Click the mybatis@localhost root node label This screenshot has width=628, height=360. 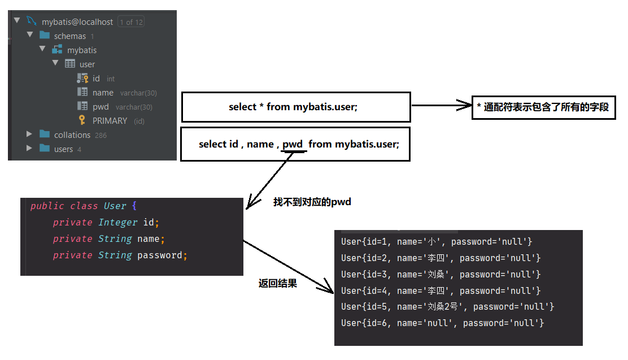point(77,22)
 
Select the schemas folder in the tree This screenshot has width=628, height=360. point(69,36)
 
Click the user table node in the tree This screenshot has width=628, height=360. point(87,64)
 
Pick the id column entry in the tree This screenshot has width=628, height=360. point(96,79)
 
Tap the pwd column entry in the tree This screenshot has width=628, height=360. point(101,107)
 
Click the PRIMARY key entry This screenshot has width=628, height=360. point(110,121)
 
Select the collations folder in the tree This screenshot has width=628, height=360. point(72,135)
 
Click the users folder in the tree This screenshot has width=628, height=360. point(63,149)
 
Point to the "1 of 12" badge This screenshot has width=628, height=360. point(130,22)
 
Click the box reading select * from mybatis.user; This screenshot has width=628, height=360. point(295,107)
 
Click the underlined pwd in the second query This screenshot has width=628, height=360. point(293,144)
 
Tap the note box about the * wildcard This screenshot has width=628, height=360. point(543,107)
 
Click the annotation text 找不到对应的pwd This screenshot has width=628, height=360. point(312,202)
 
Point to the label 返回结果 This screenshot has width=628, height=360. point(277,284)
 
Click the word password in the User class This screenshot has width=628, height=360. point(160,255)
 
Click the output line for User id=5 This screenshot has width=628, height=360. point(447,307)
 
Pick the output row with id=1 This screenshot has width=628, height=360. point(437,242)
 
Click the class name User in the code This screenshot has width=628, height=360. point(115,206)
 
